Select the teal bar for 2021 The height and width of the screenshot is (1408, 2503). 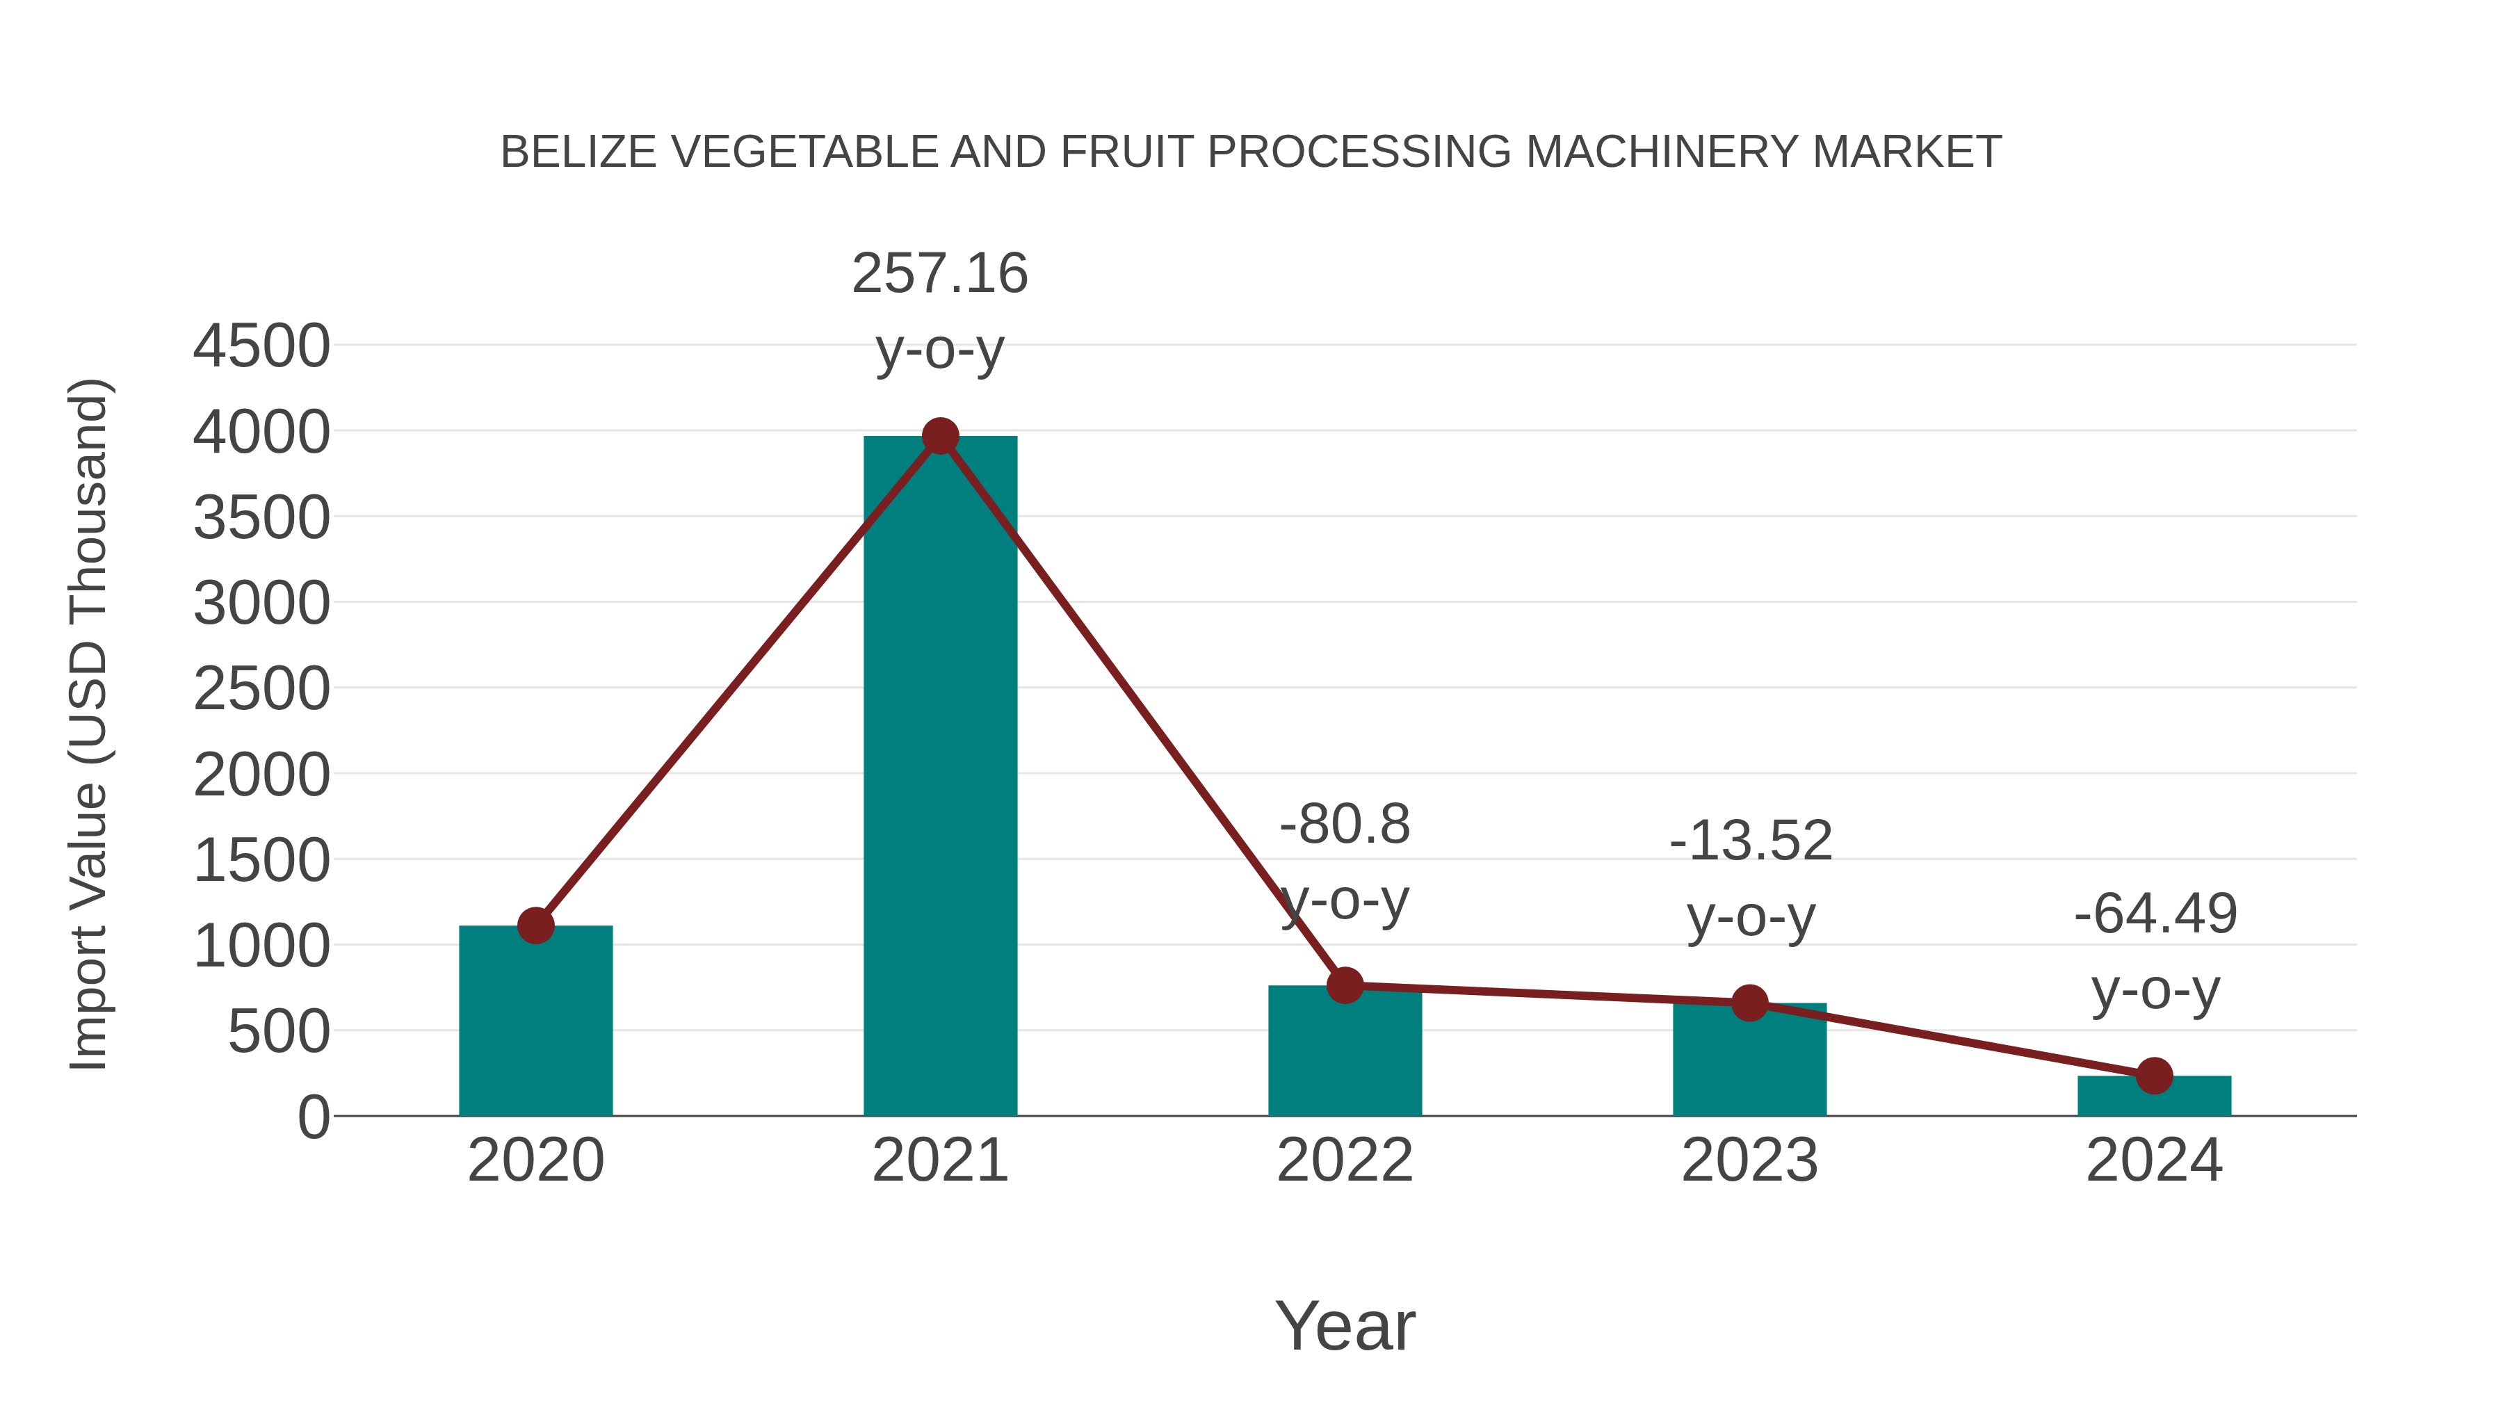click(939, 777)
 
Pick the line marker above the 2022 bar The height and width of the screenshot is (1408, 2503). click(1345, 985)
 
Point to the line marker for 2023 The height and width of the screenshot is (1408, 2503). click(1749, 1003)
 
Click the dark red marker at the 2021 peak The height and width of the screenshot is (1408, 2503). click(939, 436)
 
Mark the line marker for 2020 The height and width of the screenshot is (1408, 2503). click(535, 925)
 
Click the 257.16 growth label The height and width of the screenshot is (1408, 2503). click(939, 273)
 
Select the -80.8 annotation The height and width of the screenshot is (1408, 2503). click(1345, 825)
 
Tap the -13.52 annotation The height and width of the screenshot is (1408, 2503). click(1750, 841)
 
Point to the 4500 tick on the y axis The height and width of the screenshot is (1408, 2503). click(261, 346)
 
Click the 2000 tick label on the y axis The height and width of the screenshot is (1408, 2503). click(261, 775)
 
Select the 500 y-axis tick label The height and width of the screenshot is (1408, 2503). click(278, 1032)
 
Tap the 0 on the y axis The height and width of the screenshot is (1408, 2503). click(313, 1117)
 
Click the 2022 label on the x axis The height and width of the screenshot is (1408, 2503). click(1345, 1160)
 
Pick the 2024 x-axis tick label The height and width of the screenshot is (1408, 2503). click(2153, 1160)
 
